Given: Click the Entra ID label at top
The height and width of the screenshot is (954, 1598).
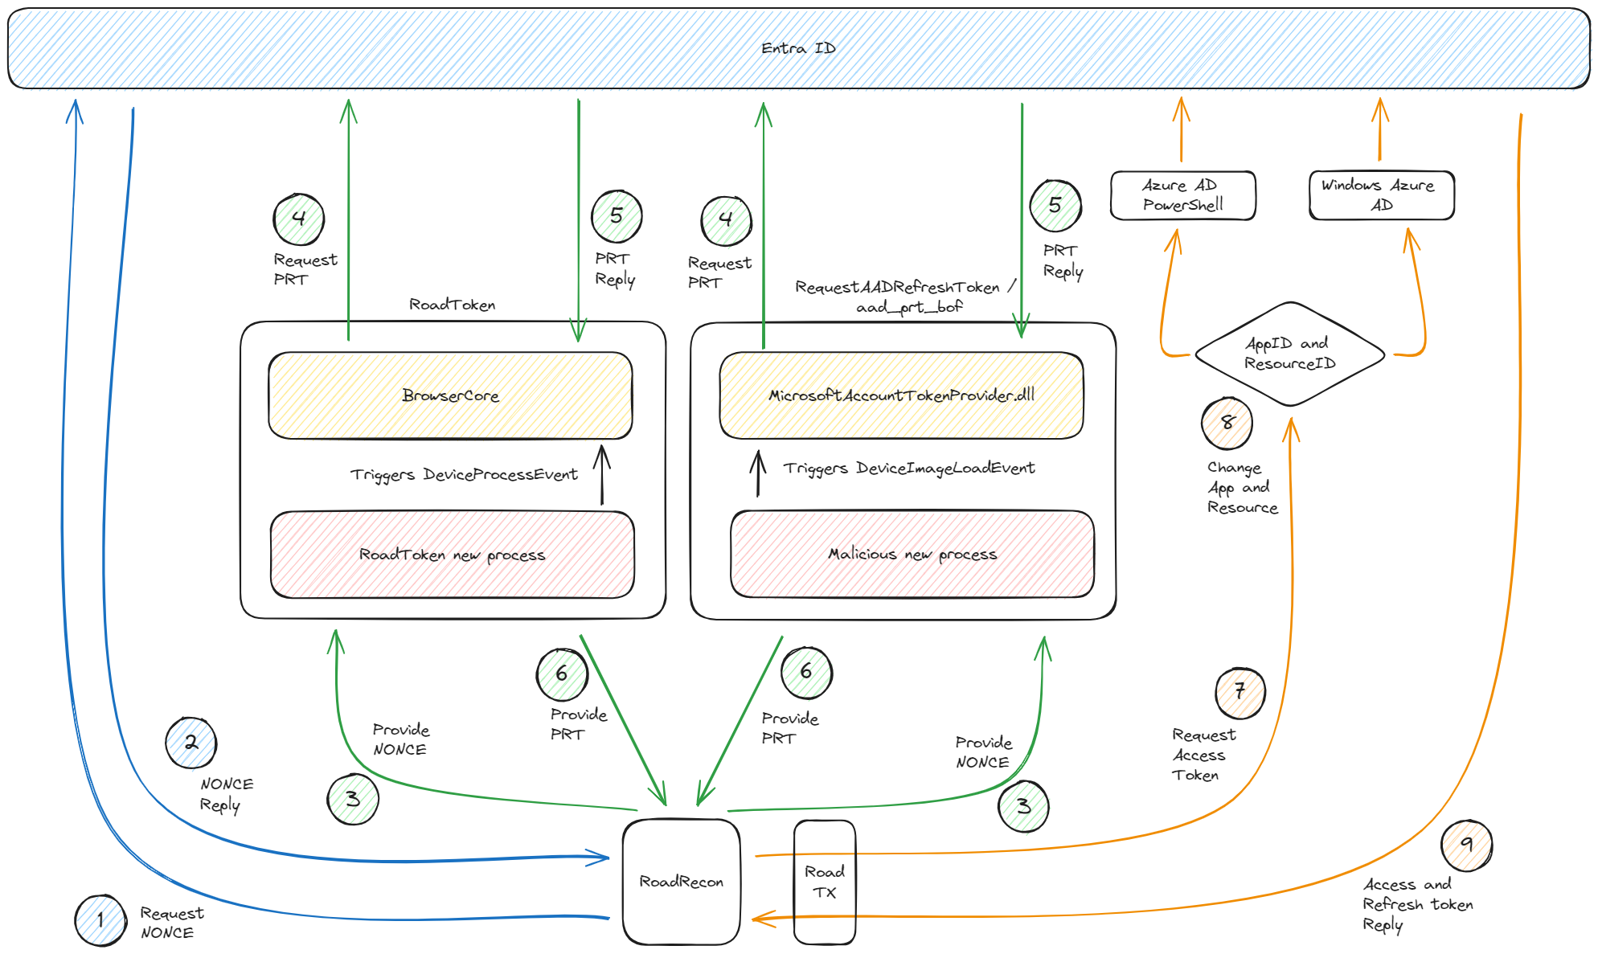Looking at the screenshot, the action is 798,48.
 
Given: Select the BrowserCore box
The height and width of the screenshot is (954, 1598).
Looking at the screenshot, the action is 450,395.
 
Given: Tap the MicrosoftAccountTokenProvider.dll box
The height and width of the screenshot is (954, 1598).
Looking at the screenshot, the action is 901,395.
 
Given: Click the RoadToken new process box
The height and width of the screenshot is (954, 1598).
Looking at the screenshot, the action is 453,555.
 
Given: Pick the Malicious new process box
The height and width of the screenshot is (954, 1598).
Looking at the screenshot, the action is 912,554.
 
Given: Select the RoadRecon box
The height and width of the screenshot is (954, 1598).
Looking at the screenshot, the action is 682,882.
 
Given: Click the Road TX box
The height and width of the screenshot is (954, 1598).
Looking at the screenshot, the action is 825,882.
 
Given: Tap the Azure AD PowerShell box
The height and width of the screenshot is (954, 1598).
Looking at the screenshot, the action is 1182,195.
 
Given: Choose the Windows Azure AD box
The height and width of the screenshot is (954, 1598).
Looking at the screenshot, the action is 1382,195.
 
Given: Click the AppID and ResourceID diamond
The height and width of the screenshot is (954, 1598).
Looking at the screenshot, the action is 1290,354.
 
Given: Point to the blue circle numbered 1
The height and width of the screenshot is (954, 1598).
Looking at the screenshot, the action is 100,920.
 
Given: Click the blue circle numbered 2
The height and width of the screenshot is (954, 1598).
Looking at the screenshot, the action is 191,743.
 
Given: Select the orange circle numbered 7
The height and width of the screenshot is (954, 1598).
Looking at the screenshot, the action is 1240,693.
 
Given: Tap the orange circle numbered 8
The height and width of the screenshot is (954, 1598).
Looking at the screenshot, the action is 1227,423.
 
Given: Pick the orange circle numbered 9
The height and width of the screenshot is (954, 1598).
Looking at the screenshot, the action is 1467,845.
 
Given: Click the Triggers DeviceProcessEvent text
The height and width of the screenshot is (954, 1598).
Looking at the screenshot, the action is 464,475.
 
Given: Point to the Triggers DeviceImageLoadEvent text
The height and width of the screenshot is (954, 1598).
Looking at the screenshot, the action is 909,469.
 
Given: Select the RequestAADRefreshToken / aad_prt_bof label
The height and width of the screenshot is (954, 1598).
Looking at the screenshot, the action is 907,297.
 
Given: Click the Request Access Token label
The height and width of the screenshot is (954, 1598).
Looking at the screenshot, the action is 1203,755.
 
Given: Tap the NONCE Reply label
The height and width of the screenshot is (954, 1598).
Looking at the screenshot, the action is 226,794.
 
